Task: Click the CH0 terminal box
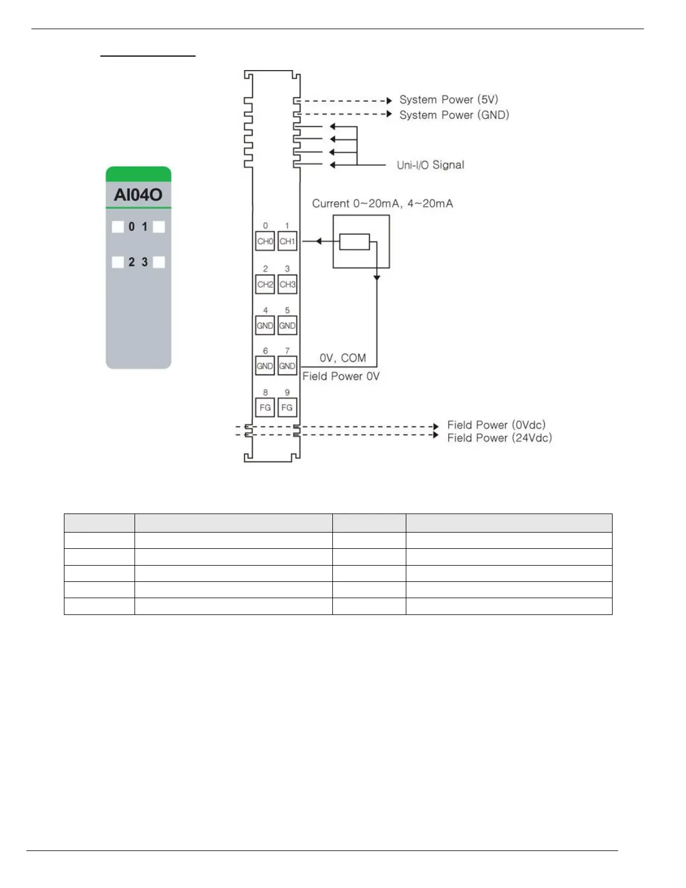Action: point(265,242)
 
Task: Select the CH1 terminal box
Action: point(287,242)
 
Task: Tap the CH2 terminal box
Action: point(265,284)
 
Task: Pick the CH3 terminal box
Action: point(287,284)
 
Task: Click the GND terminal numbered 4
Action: point(265,326)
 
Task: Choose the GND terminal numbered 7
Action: point(287,366)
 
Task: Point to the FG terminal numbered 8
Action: point(265,408)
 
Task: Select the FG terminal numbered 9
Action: point(287,408)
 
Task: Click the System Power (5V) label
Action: point(448,100)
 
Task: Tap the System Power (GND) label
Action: point(454,115)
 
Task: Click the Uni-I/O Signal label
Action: point(430,165)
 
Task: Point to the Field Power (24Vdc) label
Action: point(499,438)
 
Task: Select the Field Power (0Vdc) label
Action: point(496,425)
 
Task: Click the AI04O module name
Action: point(138,195)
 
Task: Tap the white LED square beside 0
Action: point(118,226)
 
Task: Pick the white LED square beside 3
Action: point(159,262)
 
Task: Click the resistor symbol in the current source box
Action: point(355,242)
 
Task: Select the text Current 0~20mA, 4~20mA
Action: point(382,203)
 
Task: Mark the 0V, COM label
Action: point(342,358)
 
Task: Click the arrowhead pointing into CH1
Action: point(318,242)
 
